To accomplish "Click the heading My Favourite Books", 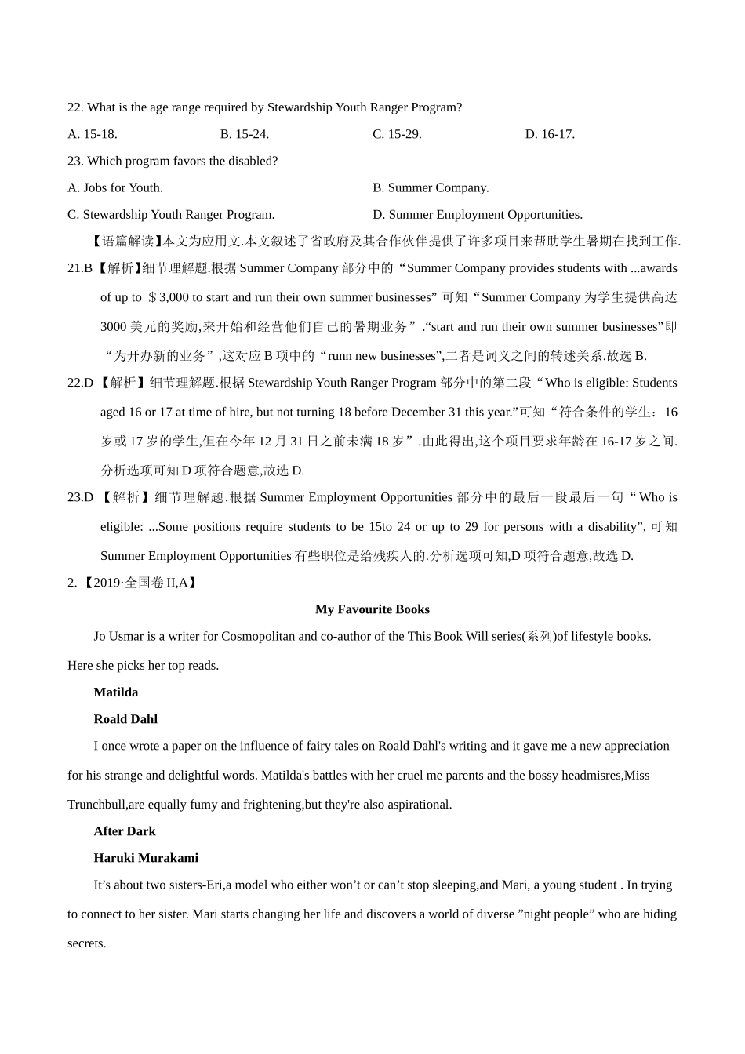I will [x=372, y=609].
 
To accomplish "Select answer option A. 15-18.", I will [x=93, y=134].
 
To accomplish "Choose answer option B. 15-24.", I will [x=245, y=134].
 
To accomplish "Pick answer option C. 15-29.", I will [x=397, y=134].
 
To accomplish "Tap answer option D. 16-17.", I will [x=550, y=134].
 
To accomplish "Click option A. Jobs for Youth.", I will [x=115, y=187].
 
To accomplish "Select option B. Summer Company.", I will [x=431, y=187].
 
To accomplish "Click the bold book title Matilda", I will [x=116, y=692].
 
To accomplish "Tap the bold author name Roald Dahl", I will [x=125, y=719].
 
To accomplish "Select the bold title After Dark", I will [x=125, y=831].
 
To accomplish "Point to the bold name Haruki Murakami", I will [x=146, y=858].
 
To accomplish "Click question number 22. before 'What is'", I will [x=75, y=107].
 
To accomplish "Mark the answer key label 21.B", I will [x=80, y=268].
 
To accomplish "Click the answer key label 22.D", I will [x=80, y=383].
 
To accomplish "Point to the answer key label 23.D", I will [x=80, y=497].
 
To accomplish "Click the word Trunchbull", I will [x=97, y=805].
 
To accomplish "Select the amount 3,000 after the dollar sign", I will [x=174, y=297].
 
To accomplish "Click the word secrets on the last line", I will [x=85, y=943].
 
